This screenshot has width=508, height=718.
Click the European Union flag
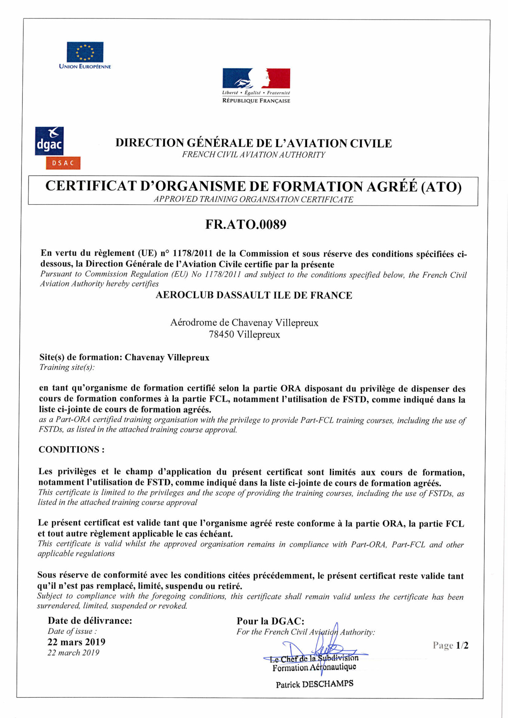(x=85, y=52)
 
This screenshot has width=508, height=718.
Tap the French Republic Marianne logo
(x=256, y=78)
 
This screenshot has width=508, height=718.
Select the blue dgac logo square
(x=49, y=141)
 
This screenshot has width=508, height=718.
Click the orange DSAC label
(x=63, y=163)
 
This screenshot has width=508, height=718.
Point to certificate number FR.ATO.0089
(x=246, y=224)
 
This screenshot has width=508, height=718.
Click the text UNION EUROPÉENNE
(x=85, y=67)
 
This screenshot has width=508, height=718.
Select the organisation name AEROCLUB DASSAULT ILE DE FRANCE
(x=254, y=295)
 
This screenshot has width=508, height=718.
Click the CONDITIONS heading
(x=71, y=449)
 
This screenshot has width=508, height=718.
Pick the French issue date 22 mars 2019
(x=76, y=642)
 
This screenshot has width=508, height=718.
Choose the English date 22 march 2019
(x=73, y=653)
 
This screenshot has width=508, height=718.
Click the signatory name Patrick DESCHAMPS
(x=315, y=684)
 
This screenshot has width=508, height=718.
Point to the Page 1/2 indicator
(x=450, y=645)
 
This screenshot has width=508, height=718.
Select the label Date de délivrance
(x=90, y=621)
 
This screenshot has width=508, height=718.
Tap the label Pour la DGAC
(x=270, y=621)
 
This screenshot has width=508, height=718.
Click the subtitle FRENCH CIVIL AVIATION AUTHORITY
(x=254, y=155)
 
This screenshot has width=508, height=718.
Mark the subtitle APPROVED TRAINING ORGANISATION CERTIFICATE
(x=253, y=199)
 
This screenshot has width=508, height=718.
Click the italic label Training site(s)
(x=67, y=367)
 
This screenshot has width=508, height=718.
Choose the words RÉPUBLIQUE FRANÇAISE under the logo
(x=256, y=101)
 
